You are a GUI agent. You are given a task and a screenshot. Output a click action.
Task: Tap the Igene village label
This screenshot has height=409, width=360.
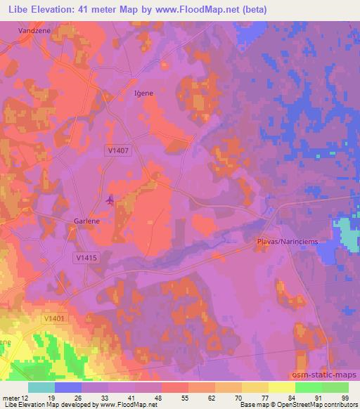143,93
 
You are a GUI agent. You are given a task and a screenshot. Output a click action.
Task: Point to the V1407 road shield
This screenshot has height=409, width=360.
119,150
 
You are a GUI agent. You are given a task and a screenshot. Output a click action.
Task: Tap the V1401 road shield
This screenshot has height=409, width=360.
53,318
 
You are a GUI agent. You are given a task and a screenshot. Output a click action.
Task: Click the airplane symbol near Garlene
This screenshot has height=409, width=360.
110,200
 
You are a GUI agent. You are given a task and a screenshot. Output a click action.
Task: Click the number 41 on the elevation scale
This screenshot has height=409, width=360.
121,398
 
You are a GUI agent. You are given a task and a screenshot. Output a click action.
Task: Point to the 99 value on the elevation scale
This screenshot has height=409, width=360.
345,398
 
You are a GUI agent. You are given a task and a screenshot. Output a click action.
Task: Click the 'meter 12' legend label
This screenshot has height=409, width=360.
15,398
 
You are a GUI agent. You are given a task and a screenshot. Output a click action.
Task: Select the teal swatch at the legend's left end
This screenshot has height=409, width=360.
41,387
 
